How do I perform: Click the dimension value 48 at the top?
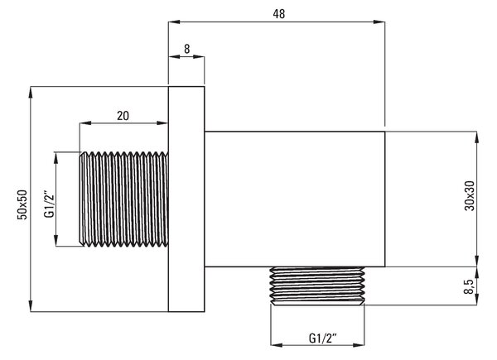279,14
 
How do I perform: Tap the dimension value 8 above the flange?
186,49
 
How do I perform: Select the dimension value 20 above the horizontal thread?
123,116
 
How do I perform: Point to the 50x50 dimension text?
22,204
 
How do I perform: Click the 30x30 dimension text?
470,195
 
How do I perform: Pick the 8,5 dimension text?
469,286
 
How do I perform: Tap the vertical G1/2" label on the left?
50,204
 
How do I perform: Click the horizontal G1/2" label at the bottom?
322,338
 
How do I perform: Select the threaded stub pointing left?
123,199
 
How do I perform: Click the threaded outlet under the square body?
317,286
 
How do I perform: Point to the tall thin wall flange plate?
186,199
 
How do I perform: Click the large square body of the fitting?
295,199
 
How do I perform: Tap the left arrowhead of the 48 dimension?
174,22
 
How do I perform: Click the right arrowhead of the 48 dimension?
379,22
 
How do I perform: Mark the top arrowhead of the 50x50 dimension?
31,92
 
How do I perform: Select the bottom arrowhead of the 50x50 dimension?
31,306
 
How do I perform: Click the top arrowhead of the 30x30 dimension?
476,137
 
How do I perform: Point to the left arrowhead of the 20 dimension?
85,122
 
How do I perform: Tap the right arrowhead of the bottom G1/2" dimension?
359,345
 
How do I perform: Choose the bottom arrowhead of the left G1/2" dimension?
56,240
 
